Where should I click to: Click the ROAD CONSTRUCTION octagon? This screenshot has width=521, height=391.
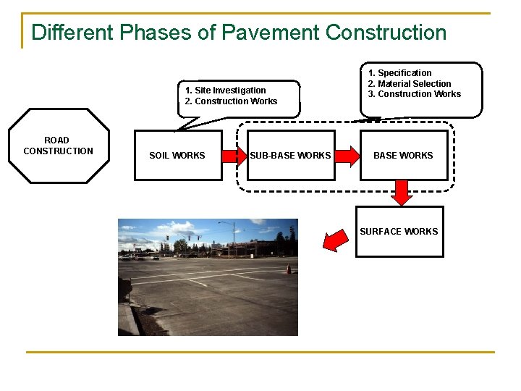59,146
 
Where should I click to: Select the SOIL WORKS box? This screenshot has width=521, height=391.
178,155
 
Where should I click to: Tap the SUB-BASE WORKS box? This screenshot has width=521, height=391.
291,155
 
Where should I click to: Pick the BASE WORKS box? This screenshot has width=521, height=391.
403,155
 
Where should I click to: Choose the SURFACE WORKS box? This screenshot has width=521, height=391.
399,232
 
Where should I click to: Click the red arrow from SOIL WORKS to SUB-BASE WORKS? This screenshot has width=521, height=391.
234,155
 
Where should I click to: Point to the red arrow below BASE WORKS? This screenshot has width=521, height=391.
402,193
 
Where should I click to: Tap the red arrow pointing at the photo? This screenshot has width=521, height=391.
334,240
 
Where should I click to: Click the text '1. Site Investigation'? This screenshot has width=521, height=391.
225,91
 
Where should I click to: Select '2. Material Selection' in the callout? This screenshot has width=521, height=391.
410,83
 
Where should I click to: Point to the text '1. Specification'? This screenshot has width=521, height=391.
399,73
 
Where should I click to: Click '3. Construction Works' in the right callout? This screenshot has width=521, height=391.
415,94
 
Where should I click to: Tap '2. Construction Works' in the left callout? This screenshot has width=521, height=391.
231,101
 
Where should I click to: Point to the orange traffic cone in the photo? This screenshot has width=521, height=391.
288,269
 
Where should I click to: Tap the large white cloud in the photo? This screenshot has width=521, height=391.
145,233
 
